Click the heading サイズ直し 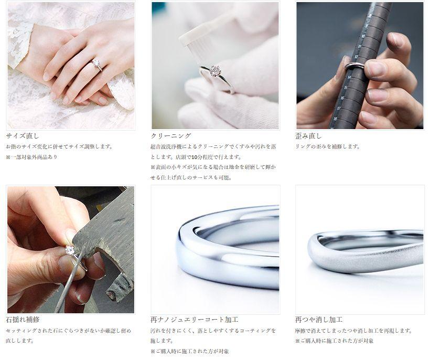(23, 136)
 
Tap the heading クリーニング (171, 136)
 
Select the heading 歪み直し (308, 136)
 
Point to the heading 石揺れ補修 (23, 320)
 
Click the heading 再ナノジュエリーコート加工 (195, 320)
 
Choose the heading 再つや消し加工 (319, 320)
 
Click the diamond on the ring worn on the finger (96, 62)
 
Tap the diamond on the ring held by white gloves (214, 71)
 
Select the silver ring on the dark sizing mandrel (355, 66)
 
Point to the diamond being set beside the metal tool (69, 250)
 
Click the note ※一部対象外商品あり (31, 157)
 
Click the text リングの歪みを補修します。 (327, 146)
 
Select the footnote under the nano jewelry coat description (190, 351)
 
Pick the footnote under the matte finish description (335, 341)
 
